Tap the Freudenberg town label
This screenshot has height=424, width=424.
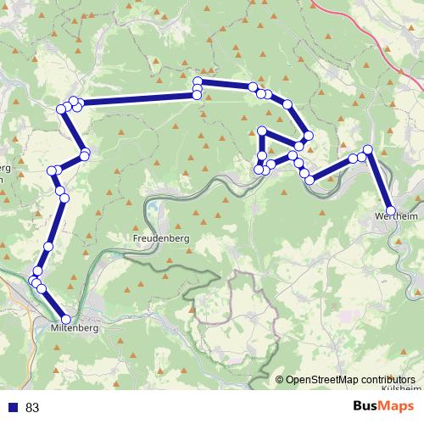tap(160, 239)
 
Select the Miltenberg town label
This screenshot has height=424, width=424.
tap(75, 326)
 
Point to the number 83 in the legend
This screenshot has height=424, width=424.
tap(33, 408)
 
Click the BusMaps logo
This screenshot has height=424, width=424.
tap(381, 406)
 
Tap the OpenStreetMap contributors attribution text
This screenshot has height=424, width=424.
tap(350, 380)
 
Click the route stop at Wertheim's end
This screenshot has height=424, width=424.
tap(391, 210)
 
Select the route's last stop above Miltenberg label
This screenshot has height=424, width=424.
tap(65, 319)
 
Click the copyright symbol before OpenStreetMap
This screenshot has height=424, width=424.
tap(280, 380)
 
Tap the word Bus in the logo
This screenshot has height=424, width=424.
tap(365, 406)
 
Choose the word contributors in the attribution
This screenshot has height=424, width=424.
tap(387, 380)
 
